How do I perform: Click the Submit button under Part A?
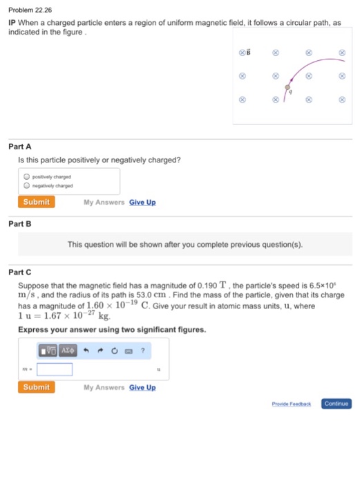(x=36, y=202)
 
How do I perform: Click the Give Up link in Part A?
(x=142, y=203)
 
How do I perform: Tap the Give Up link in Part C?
(x=142, y=387)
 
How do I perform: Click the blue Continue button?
(x=336, y=403)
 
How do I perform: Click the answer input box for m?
(x=55, y=369)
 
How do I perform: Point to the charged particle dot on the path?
(x=289, y=86)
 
